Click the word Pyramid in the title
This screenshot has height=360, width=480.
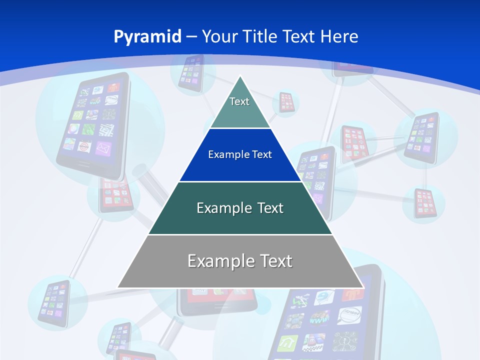click(147, 37)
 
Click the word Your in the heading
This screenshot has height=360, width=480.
click(219, 37)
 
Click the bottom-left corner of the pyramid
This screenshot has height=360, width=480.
click(118, 287)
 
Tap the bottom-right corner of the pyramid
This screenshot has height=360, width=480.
click(362, 287)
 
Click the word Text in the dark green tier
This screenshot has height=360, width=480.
click(270, 208)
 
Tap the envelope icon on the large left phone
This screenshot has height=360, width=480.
click(103, 148)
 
